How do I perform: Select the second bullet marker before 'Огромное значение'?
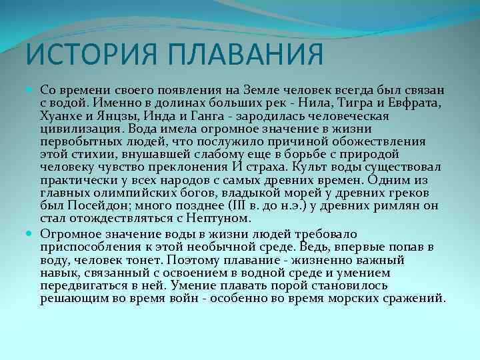pyautogui.click(x=33, y=233)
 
